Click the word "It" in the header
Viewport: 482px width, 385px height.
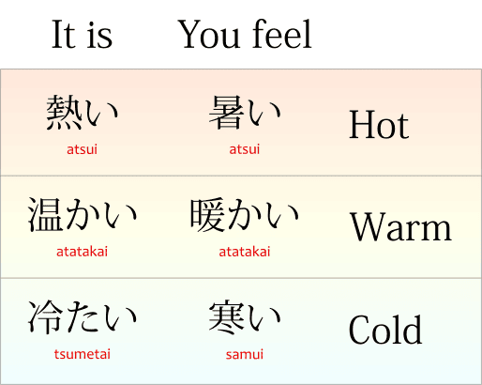click(64, 34)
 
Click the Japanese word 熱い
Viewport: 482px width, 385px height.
click(83, 112)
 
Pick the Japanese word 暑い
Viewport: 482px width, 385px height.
click(245, 112)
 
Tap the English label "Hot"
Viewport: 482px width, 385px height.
click(379, 125)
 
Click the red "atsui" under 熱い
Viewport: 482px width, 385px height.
click(82, 149)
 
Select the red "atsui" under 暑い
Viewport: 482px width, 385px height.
click(245, 149)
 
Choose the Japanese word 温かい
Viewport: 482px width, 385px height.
click(83, 215)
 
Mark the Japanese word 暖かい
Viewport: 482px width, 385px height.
click(245, 215)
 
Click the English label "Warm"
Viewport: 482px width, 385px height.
click(400, 226)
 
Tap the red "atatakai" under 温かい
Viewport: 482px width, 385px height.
click(82, 252)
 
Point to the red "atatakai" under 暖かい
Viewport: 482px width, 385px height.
click(245, 252)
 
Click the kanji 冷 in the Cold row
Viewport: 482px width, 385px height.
click(46, 317)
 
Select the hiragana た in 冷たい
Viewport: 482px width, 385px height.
click(83, 317)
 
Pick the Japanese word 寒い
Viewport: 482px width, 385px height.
click(245, 316)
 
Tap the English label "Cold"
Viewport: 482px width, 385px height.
click(385, 330)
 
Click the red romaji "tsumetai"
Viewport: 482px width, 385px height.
click(83, 354)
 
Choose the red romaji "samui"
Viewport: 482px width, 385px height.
click(245, 354)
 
